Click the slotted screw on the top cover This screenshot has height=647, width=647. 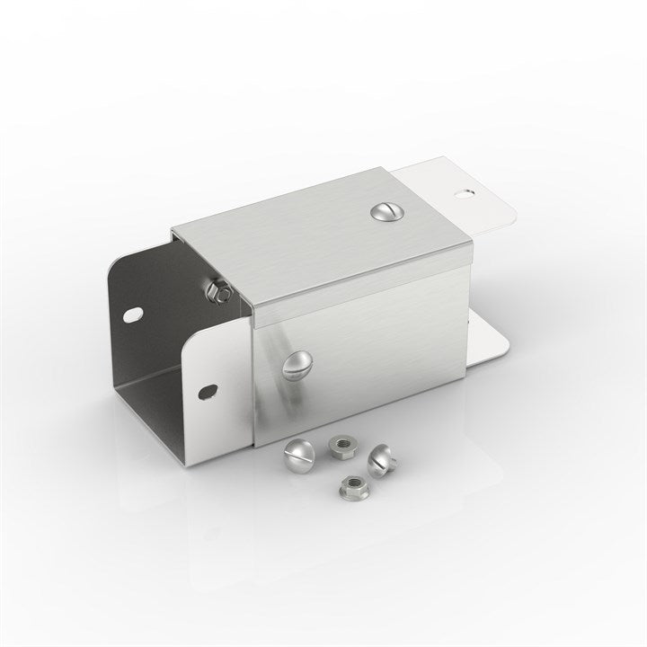[383, 212]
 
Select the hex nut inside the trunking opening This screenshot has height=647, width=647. [217, 290]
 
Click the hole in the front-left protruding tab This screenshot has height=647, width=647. [208, 392]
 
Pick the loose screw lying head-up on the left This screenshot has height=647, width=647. [298, 454]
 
